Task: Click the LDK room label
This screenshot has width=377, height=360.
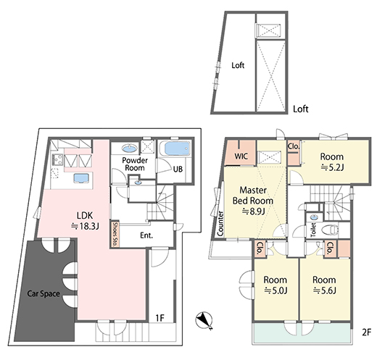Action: pyautogui.click(x=85, y=215)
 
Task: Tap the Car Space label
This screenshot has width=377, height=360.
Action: pyautogui.click(x=43, y=293)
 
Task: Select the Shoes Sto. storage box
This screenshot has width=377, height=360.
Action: pyautogui.click(x=115, y=233)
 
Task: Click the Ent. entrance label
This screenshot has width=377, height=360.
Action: pyautogui.click(x=146, y=235)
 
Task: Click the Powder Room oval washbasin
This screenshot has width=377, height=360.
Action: pyautogui.click(x=130, y=148)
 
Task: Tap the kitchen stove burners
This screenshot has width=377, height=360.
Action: pyautogui.click(x=57, y=159)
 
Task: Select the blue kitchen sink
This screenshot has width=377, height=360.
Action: pyautogui.click(x=81, y=178)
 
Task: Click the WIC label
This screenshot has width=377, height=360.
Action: pyautogui.click(x=241, y=156)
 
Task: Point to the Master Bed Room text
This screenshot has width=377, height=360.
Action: pyautogui.click(x=253, y=196)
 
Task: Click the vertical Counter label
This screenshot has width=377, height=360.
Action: pyautogui.click(x=220, y=223)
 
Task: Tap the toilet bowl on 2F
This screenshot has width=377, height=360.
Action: pyautogui.click(x=330, y=230)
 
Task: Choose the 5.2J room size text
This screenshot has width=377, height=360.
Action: pyautogui.click(x=332, y=167)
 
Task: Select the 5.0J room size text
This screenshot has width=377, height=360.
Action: pyautogui.click(x=275, y=290)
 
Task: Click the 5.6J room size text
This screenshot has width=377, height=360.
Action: pyautogui.click(x=324, y=290)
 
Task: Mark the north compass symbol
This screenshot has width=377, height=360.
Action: pyautogui.click(x=204, y=320)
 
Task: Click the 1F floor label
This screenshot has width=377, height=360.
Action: pyautogui.click(x=159, y=318)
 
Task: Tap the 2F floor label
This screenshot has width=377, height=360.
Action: pyautogui.click(x=366, y=332)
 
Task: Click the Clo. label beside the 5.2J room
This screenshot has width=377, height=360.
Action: pyautogui.click(x=294, y=146)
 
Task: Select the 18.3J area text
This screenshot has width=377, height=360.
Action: pyautogui.click(x=85, y=226)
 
